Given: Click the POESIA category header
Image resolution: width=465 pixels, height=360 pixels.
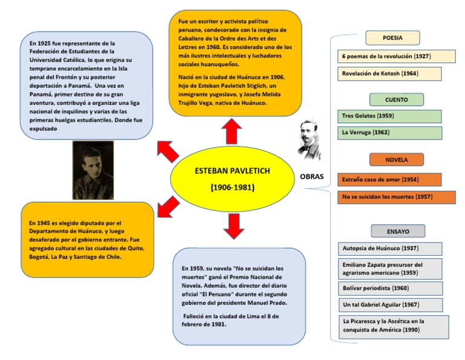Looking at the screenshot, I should (392, 38).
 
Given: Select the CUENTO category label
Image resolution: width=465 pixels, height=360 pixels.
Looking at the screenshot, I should (397, 99).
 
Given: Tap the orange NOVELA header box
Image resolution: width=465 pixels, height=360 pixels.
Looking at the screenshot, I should (397, 160).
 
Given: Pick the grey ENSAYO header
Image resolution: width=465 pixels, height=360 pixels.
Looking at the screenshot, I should (398, 231).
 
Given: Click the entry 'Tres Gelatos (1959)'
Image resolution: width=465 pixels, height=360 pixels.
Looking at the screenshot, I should (389, 116).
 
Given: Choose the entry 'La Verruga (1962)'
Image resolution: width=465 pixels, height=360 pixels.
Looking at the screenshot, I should (389, 132).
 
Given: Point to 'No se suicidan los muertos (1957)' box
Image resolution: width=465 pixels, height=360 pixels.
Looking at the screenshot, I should (397, 197).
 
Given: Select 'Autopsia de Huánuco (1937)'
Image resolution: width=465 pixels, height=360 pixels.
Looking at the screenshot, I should (390, 248).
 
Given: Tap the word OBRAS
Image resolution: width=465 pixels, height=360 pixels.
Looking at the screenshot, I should (312, 177).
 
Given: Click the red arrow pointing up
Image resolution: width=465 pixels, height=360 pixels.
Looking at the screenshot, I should (231, 131).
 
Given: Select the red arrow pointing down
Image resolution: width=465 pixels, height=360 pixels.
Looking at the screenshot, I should (233, 225).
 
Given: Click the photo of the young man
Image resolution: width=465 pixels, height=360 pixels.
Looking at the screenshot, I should (93, 170).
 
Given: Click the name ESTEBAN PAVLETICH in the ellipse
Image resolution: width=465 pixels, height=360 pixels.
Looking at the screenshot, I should (232, 171).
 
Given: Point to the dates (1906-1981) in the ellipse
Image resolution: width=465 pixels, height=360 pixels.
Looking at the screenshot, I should (232, 188).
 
